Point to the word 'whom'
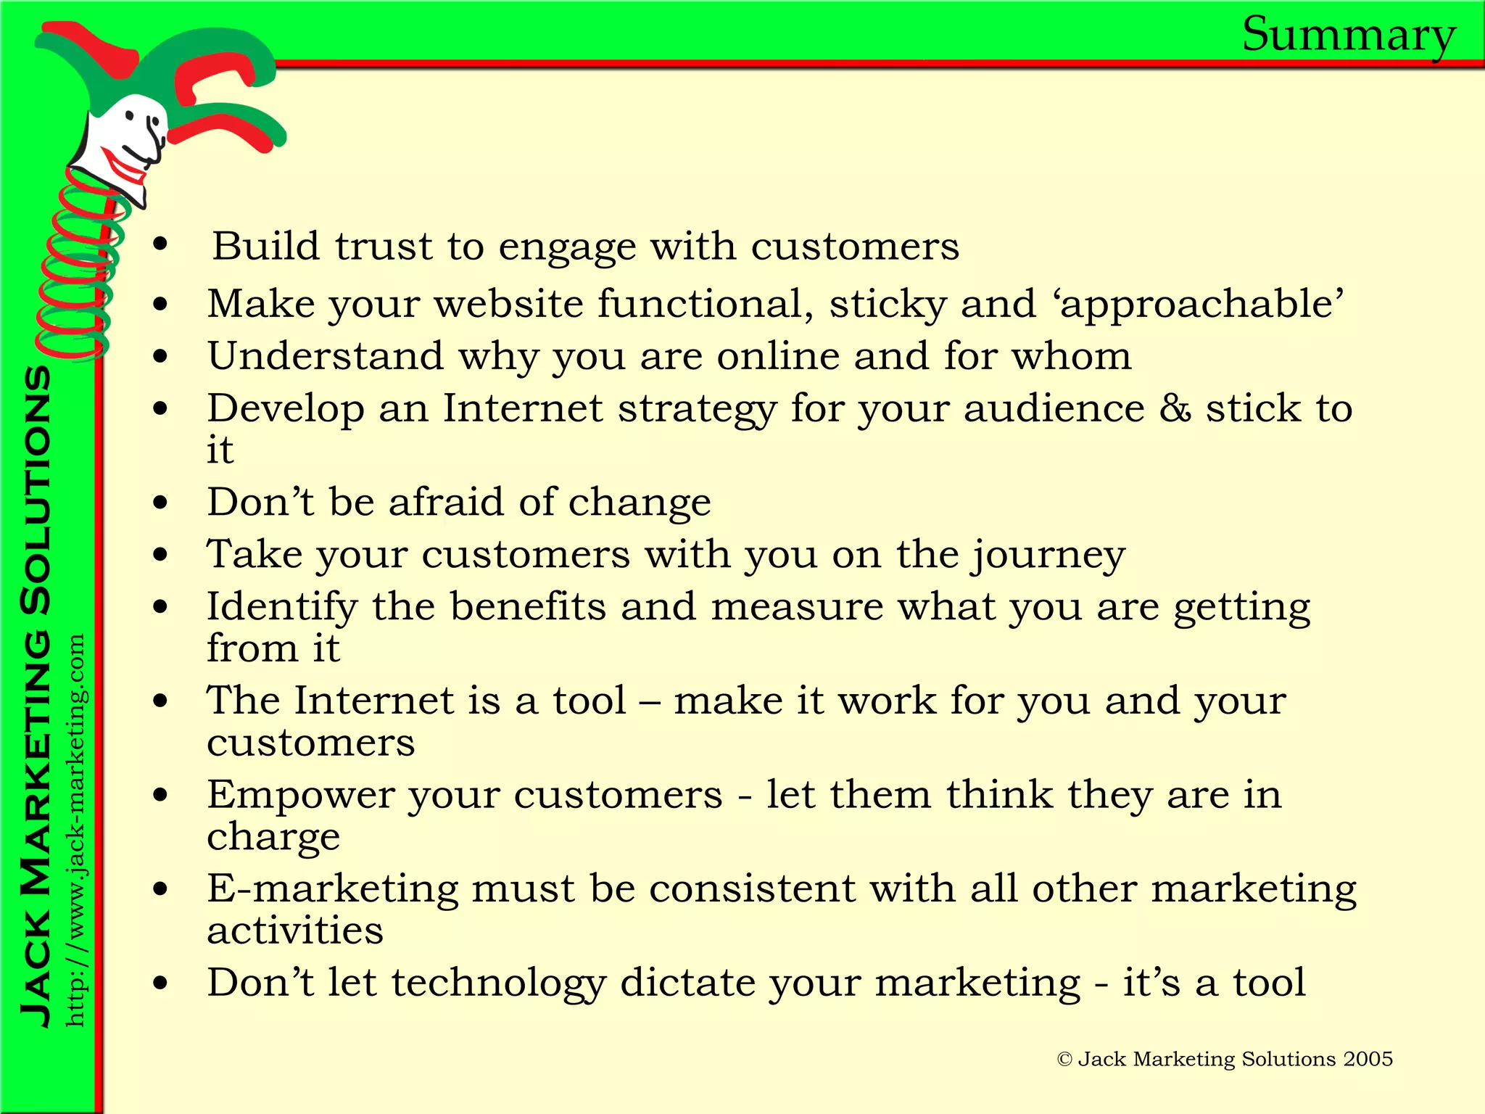pyautogui.click(x=1072, y=356)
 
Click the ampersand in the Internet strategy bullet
pyautogui.click(x=1175, y=408)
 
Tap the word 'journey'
pyautogui.click(x=1048, y=556)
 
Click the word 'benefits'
pyautogui.click(x=528, y=606)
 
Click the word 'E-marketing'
pyautogui.click(x=333, y=889)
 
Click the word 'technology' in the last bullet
pyautogui.click(x=499, y=983)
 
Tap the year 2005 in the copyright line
pyautogui.click(x=1368, y=1059)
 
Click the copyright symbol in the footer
pyautogui.click(x=1064, y=1060)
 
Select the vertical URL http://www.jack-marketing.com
pyautogui.click(x=75, y=830)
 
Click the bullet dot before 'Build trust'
pyautogui.click(x=160, y=245)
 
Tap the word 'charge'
pyautogui.click(x=273, y=838)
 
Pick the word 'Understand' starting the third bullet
pyautogui.click(x=325, y=356)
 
